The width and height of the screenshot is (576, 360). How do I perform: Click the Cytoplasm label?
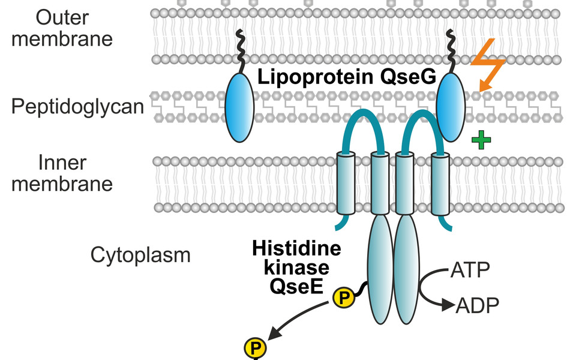(x=140, y=255)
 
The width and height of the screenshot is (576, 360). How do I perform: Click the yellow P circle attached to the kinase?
(x=344, y=296)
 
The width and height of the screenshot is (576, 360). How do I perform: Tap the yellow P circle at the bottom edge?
(x=254, y=347)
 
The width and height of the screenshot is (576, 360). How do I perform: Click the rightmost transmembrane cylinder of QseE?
(x=440, y=182)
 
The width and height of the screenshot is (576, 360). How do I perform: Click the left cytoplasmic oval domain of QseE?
(x=379, y=270)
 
